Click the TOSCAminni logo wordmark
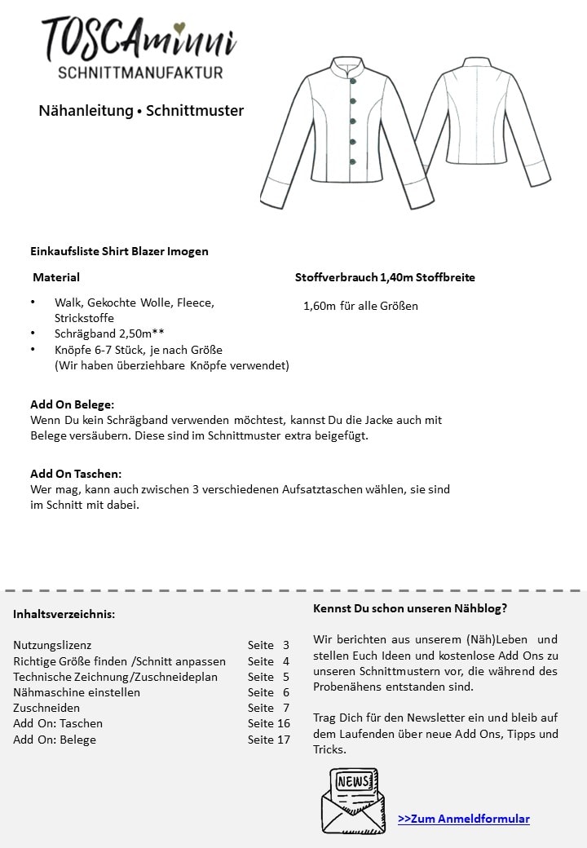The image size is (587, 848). [x=139, y=39]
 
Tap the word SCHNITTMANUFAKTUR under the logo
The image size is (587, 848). [x=140, y=73]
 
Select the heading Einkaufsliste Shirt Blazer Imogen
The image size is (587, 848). [x=119, y=251]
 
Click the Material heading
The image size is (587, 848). [x=56, y=277]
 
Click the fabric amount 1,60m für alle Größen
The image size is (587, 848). [x=360, y=306]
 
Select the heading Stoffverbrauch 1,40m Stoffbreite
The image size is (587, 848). [x=385, y=277]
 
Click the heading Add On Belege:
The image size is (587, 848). [x=73, y=404]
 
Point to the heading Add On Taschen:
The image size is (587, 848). [x=76, y=474]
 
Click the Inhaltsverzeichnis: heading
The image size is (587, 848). [x=64, y=614]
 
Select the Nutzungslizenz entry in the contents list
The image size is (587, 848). [x=52, y=645]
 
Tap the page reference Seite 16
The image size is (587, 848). [x=268, y=723]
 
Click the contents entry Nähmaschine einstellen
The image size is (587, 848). [x=77, y=692]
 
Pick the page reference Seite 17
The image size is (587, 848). [x=268, y=740]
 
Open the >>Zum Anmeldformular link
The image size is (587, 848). [x=464, y=819]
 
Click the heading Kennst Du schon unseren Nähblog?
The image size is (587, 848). [x=410, y=608]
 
